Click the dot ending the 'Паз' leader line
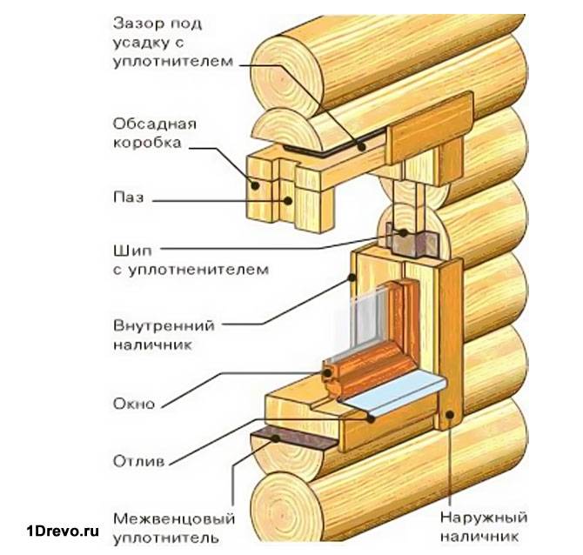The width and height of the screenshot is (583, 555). coord(286,199)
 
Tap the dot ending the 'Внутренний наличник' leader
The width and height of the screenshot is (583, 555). coord(352,277)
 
